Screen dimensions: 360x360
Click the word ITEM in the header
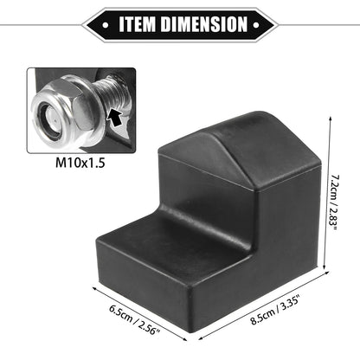138,24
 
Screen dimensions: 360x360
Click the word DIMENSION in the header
204,24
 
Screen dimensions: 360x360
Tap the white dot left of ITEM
106,25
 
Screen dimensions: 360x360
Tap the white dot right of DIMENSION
256,25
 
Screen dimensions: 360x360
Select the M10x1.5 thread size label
80,164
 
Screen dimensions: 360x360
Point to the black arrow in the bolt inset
115,118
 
